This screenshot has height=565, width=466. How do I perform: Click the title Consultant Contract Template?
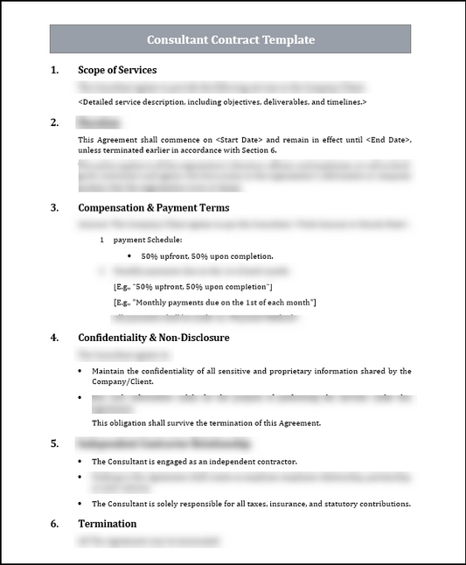231,39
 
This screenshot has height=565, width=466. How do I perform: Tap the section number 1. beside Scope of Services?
54,70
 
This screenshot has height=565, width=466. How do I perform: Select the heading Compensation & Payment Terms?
153,208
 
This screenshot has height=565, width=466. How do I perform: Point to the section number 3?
54,208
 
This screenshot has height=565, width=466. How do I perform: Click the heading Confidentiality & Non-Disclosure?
153,337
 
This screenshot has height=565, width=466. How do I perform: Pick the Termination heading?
107,524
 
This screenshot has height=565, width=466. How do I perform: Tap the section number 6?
54,524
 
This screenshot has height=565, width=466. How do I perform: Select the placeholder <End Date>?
387,140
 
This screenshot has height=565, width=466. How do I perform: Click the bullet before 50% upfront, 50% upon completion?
129,256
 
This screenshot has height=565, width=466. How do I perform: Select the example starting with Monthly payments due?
215,303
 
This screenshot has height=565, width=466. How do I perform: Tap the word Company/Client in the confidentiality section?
122,381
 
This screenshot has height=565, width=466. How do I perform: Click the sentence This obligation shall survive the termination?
206,422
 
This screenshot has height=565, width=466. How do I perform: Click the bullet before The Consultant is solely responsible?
80,504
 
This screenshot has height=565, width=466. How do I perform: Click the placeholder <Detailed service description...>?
222,102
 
